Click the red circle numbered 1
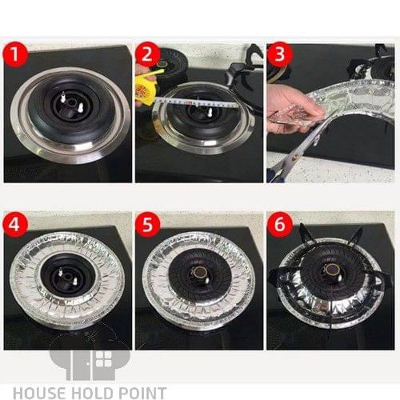click(15, 55)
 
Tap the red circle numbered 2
click(147, 55)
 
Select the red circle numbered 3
click(279, 54)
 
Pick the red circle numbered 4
click(15, 225)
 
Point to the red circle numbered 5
click(147, 225)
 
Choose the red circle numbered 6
click(279, 224)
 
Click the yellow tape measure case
click(146, 86)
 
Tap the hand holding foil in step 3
click(290, 110)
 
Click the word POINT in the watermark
click(142, 393)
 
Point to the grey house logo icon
click(90, 365)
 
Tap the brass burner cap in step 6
click(331, 270)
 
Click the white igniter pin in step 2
click(210, 112)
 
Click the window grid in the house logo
click(104, 359)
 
